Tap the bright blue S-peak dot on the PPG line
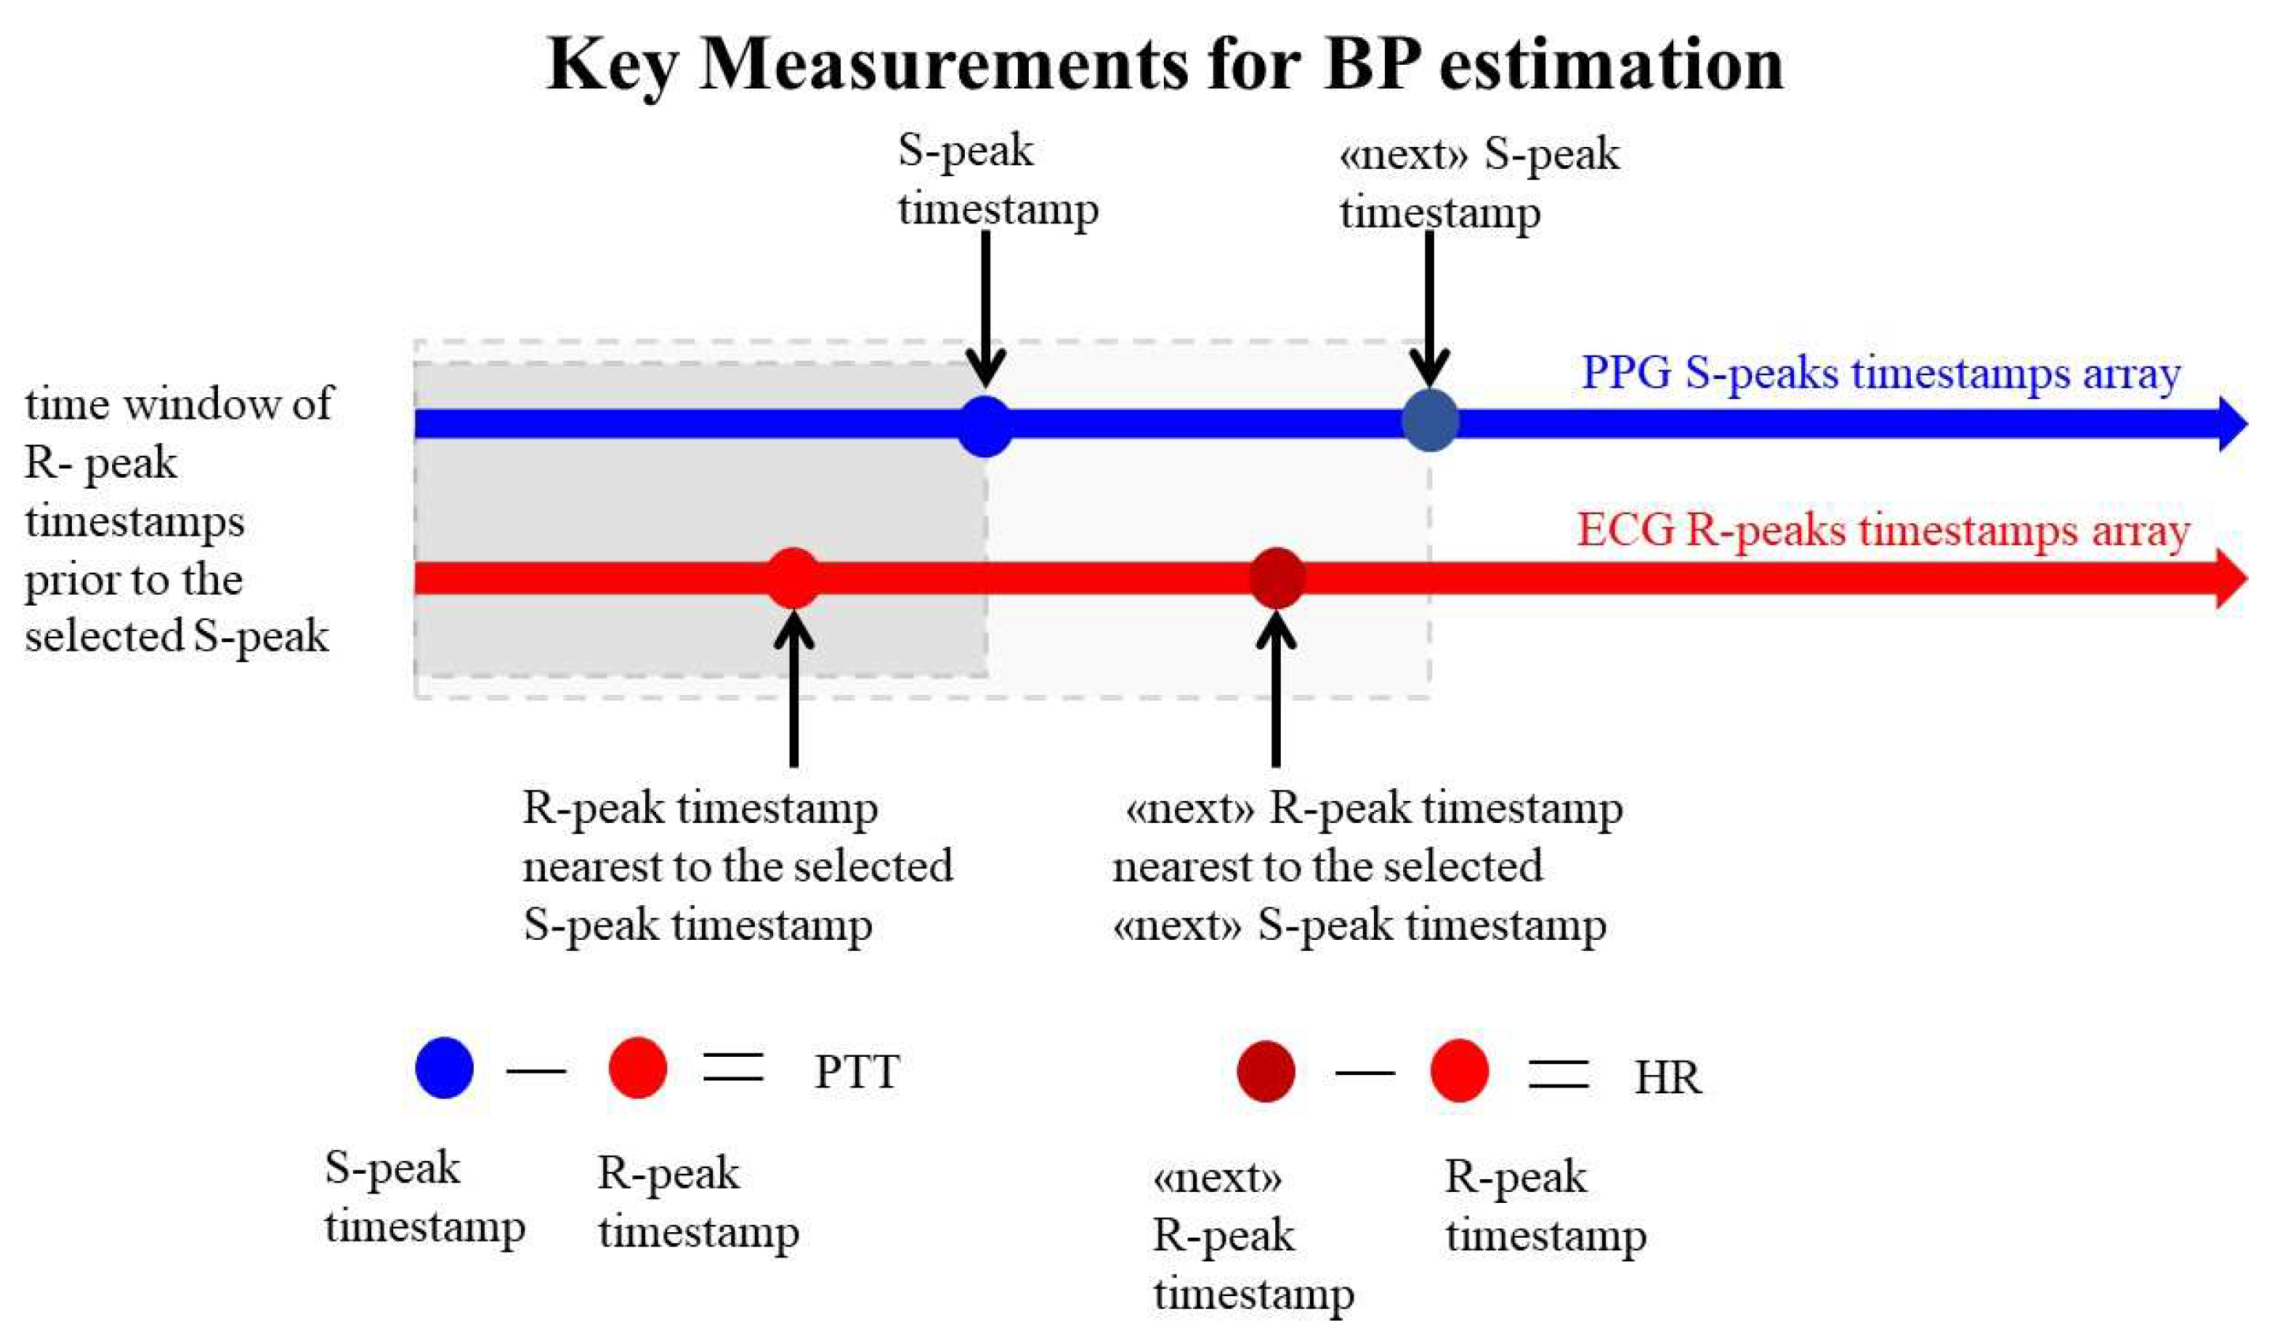click(x=985, y=426)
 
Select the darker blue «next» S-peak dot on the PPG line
click(x=1429, y=420)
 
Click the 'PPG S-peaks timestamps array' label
click(x=1880, y=374)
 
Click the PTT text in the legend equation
click(x=856, y=1071)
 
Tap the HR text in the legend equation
click(x=1667, y=1077)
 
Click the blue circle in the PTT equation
click(x=444, y=1068)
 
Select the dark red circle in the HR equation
click(x=1266, y=1071)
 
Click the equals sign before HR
click(x=1558, y=1073)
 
